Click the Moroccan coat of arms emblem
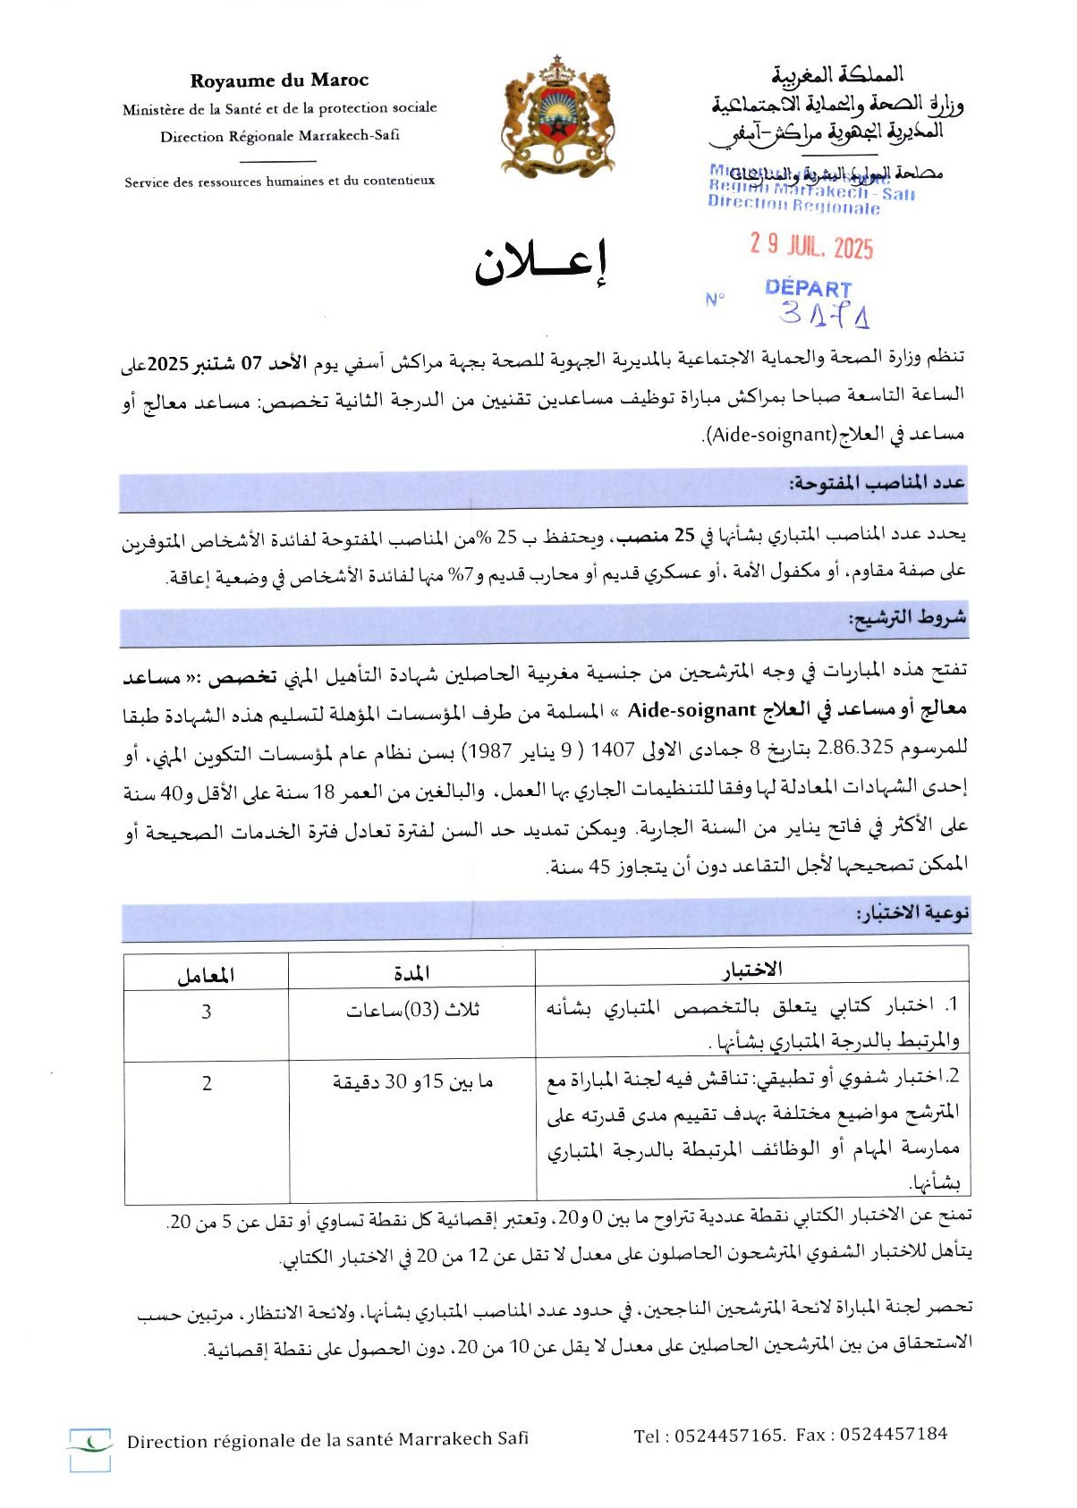pos(557,116)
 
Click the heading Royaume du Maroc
pos(279,80)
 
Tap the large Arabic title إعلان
pos(540,263)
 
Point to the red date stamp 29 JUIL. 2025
pos(811,246)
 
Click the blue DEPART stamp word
pos(808,288)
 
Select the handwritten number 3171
pos(824,313)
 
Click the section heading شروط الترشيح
pos(907,617)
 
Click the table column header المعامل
pos(206,975)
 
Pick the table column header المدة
pos(411,972)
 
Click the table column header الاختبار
pos(752,970)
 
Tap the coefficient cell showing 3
pos(207,1012)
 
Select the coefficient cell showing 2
pos(207,1083)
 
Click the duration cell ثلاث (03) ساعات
pos(413,1011)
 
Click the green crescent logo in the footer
pos(90,1441)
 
